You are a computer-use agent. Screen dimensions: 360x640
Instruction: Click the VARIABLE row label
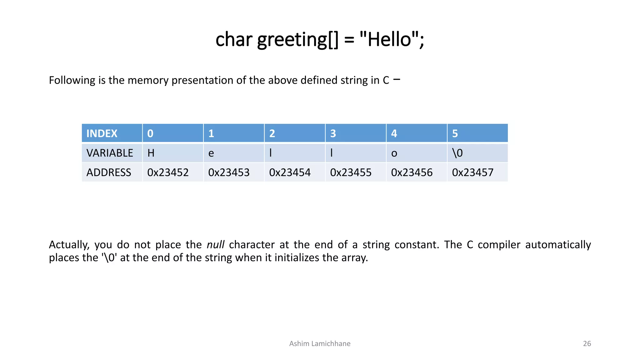(110, 153)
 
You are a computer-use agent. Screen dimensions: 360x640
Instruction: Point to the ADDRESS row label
(109, 172)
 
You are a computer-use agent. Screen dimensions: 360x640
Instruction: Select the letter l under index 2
(271, 153)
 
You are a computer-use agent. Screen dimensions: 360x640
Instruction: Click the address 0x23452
(168, 172)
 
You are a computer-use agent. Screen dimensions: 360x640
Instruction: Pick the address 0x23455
(351, 172)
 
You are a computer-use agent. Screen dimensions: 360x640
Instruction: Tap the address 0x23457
(472, 172)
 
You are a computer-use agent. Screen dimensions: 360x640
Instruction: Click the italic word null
(215, 245)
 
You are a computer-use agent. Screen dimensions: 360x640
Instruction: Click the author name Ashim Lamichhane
(320, 344)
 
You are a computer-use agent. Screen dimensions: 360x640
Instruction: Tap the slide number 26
(587, 344)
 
